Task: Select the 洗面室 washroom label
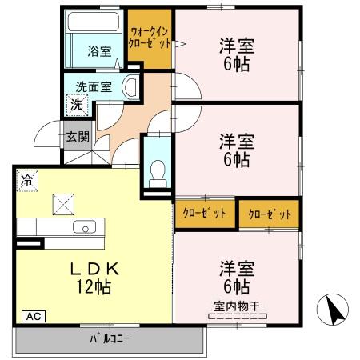pyautogui.click(x=94, y=86)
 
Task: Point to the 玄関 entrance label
pyautogui.click(x=78, y=136)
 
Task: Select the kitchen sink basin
pyautogui.click(x=83, y=227)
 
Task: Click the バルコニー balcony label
pyautogui.click(x=109, y=339)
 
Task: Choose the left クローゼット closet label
pyautogui.click(x=204, y=213)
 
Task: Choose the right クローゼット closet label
pyautogui.click(x=269, y=214)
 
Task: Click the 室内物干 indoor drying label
pyautogui.click(x=236, y=305)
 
